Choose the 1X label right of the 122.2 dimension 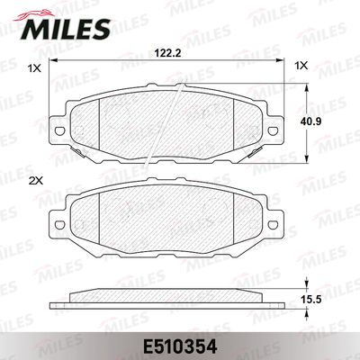click(x=301, y=66)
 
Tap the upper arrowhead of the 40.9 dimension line click(x=310, y=78)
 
